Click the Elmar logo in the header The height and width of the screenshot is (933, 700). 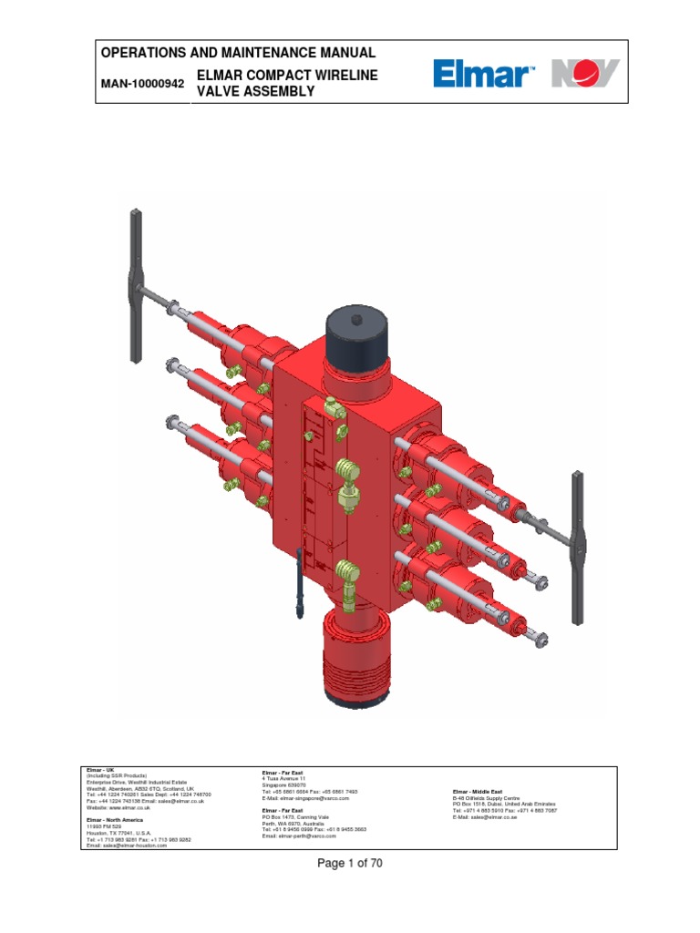click(484, 73)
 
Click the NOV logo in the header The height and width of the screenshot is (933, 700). click(585, 73)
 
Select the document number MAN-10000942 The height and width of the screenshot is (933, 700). click(141, 84)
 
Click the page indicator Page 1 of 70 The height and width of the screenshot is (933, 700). click(350, 865)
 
